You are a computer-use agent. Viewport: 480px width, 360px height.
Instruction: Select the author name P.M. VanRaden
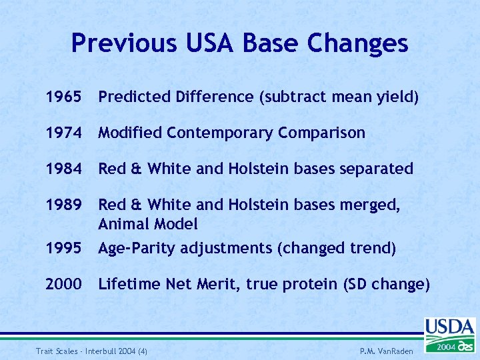(386, 351)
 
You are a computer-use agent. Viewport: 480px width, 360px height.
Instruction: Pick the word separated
(377, 169)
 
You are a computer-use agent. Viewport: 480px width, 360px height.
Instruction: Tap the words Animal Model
(148, 224)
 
